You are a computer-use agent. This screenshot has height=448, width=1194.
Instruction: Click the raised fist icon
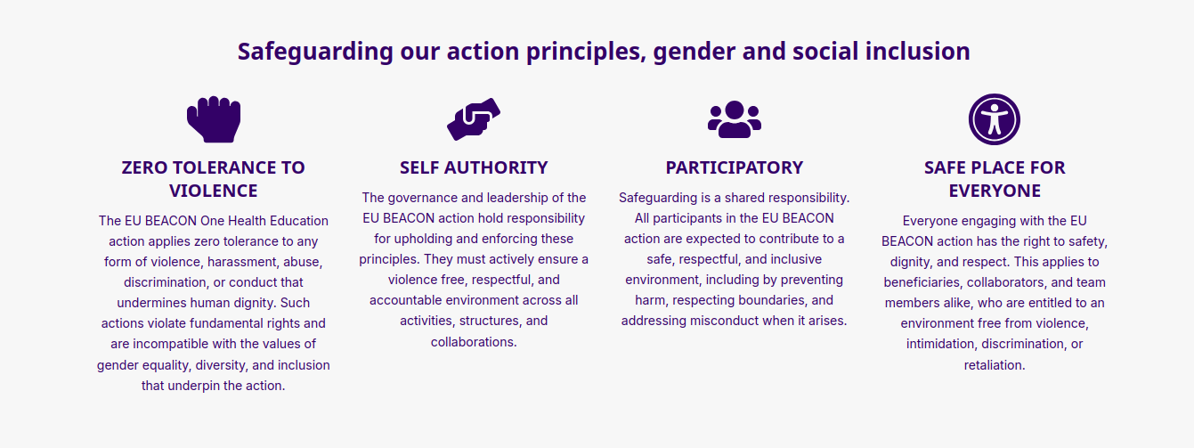tap(214, 119)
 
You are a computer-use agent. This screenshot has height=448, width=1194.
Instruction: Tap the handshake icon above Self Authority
tap(474, 119)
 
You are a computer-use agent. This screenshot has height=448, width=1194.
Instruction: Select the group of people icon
tap(735, 119)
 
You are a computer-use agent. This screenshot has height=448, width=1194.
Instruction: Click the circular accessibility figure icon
tap(995, 119)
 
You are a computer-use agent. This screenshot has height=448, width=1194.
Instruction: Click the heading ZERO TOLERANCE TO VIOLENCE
tap(214, 179)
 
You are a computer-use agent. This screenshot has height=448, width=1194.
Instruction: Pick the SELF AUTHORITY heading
tap(474, 167)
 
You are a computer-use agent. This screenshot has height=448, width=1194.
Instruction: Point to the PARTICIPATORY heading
tap(735, 167)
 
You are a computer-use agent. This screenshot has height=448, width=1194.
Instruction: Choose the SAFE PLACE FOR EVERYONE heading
tap(995, 179)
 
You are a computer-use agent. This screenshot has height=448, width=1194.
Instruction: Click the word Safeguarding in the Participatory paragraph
tap(661, 198)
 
